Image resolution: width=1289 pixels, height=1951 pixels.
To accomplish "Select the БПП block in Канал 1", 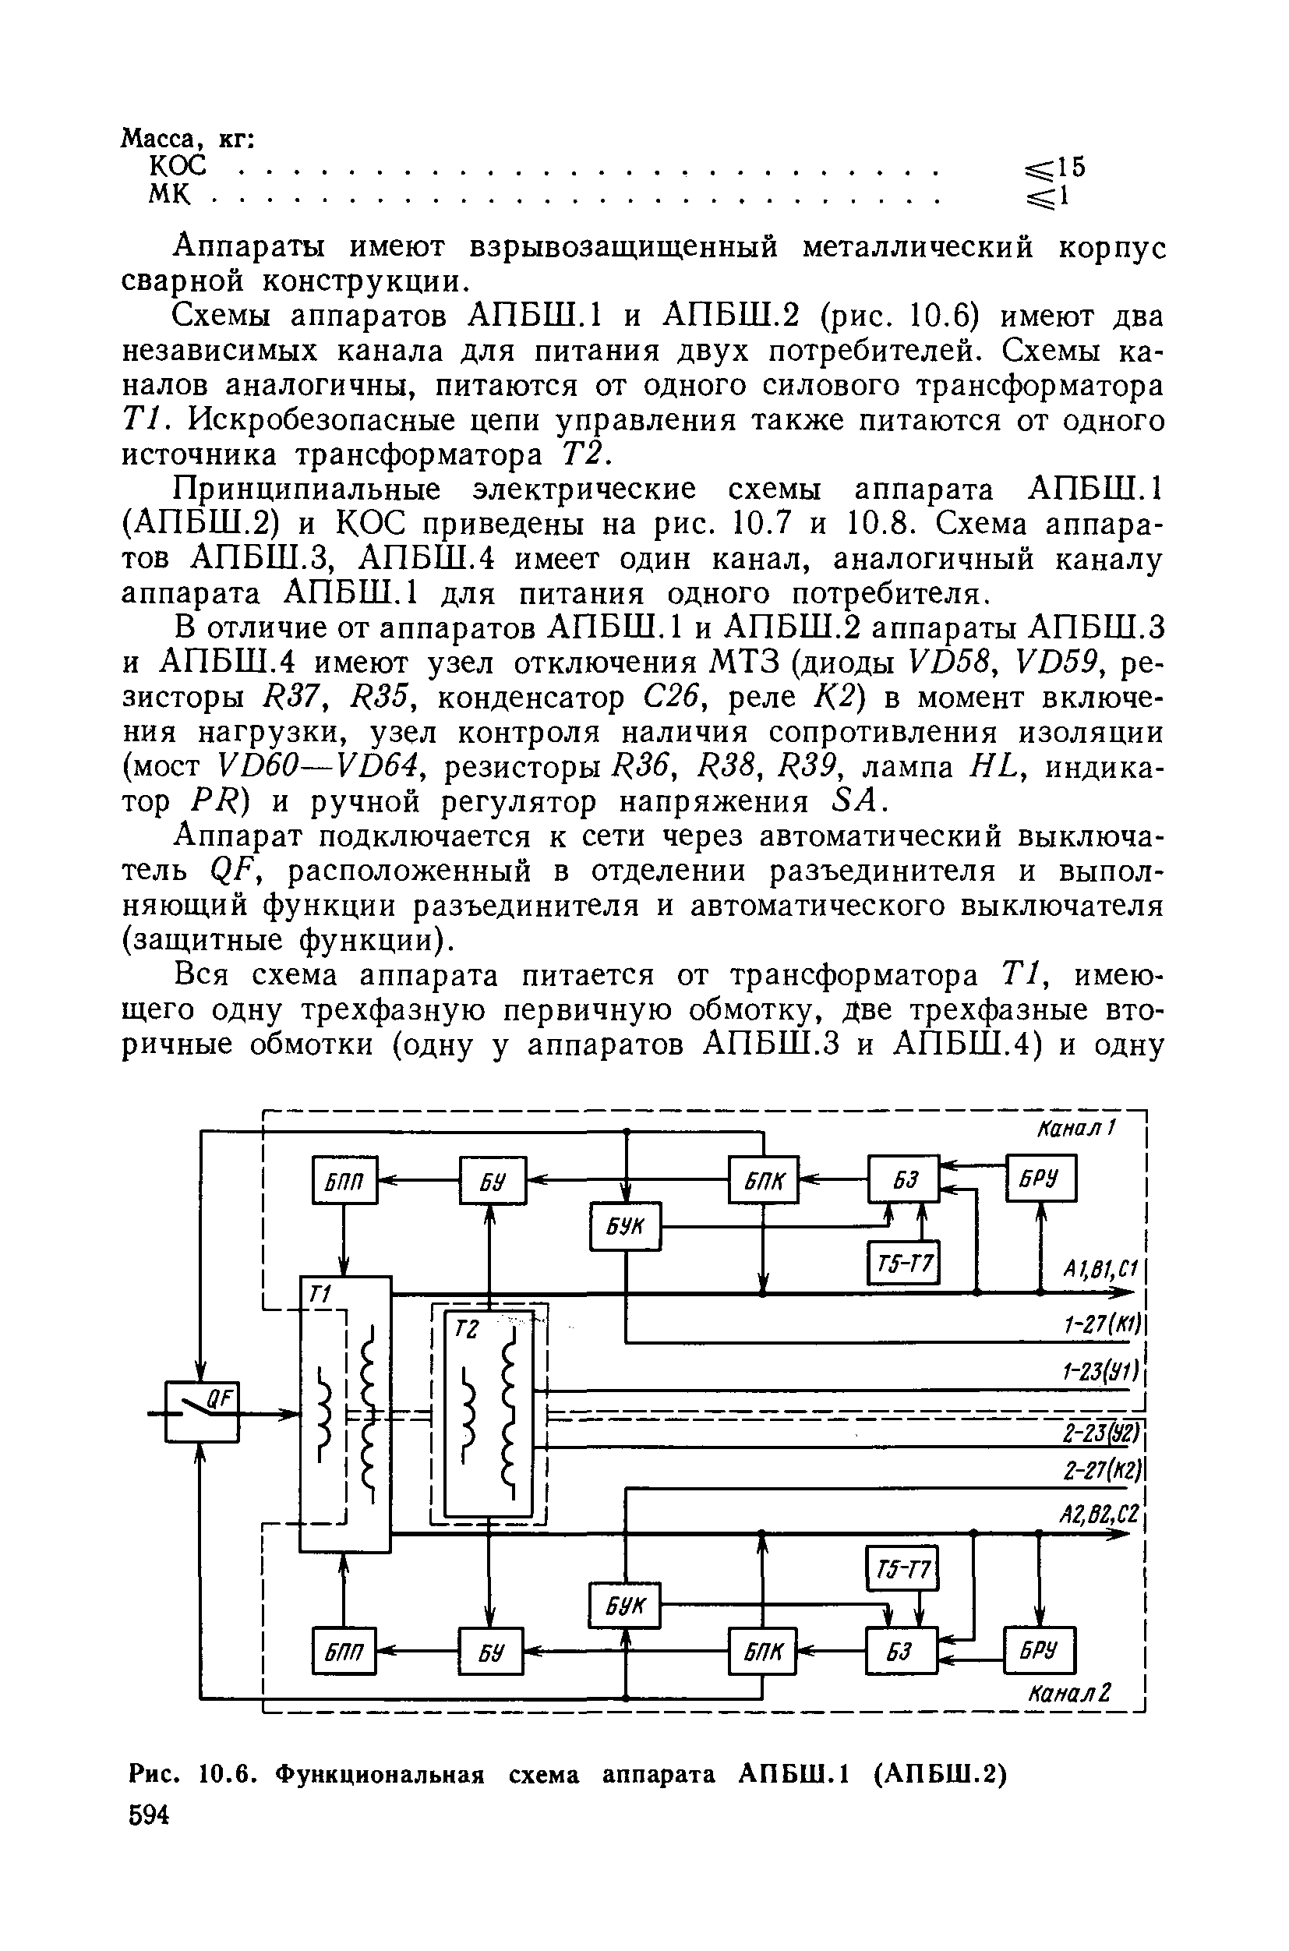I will pyautogui.click(x=344, y=1180).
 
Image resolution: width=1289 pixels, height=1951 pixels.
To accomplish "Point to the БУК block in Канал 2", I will pyautogui.click(x=625, y=1605).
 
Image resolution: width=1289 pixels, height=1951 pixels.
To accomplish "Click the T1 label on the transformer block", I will pyautogui.click(x=318, y=1295).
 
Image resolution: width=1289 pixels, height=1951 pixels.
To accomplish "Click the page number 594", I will pyautogui.click(x=149, y=1815).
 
